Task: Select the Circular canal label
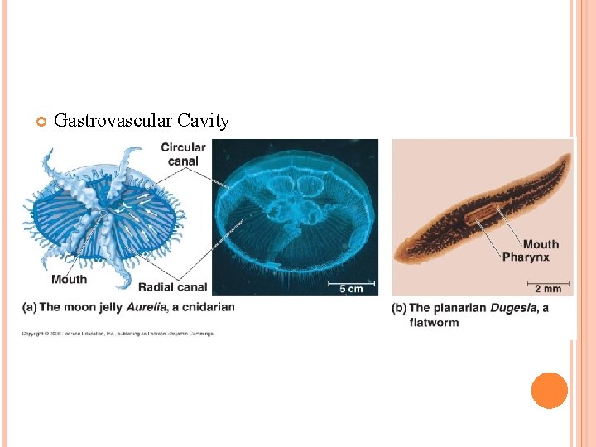(183, 154)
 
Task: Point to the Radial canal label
(172, 288)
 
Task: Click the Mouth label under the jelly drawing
(69, 279)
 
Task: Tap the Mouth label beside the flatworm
(541, 244)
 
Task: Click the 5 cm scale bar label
(351, 289)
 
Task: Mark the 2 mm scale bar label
(547, 289)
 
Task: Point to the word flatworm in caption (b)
(434, 322)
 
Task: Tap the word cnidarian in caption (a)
(204, 307)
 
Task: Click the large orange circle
(549, 391)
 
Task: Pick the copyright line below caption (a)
(118, 334)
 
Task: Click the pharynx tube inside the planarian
(480, 216)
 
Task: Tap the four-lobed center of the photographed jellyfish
(294, 201)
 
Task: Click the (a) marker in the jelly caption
(29, 307)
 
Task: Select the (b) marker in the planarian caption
(399, 309)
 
